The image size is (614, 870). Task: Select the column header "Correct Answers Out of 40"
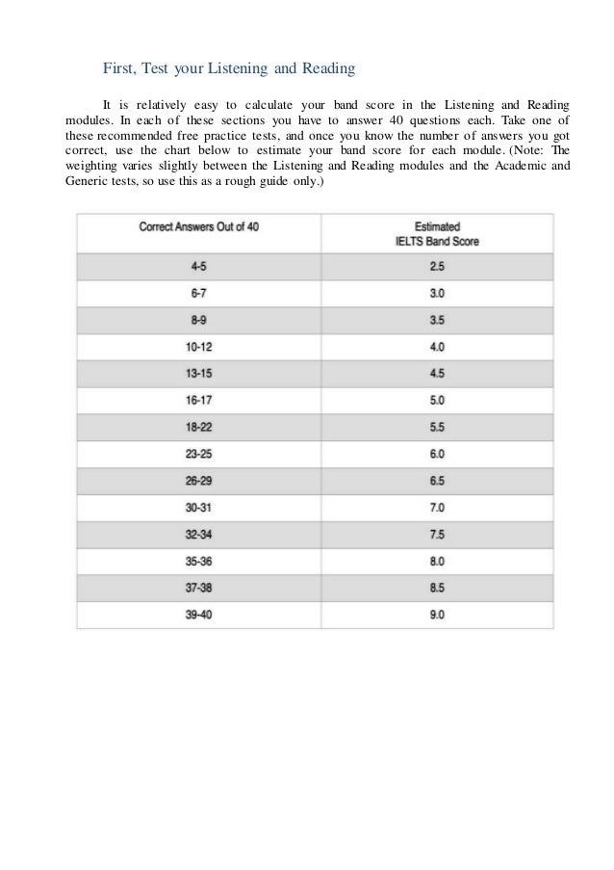199,226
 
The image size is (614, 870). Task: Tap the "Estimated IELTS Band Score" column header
437,233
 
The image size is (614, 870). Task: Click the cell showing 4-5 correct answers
199,266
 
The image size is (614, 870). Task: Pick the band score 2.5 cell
437,266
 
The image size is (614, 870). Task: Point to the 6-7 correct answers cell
199,293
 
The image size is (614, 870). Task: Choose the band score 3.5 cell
437,320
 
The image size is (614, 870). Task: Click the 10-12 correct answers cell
199,347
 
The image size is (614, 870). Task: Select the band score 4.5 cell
437,374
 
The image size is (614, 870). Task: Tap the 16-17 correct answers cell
199,400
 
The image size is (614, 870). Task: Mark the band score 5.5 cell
437,427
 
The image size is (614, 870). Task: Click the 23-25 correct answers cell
199,454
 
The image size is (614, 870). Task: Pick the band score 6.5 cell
437,480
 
